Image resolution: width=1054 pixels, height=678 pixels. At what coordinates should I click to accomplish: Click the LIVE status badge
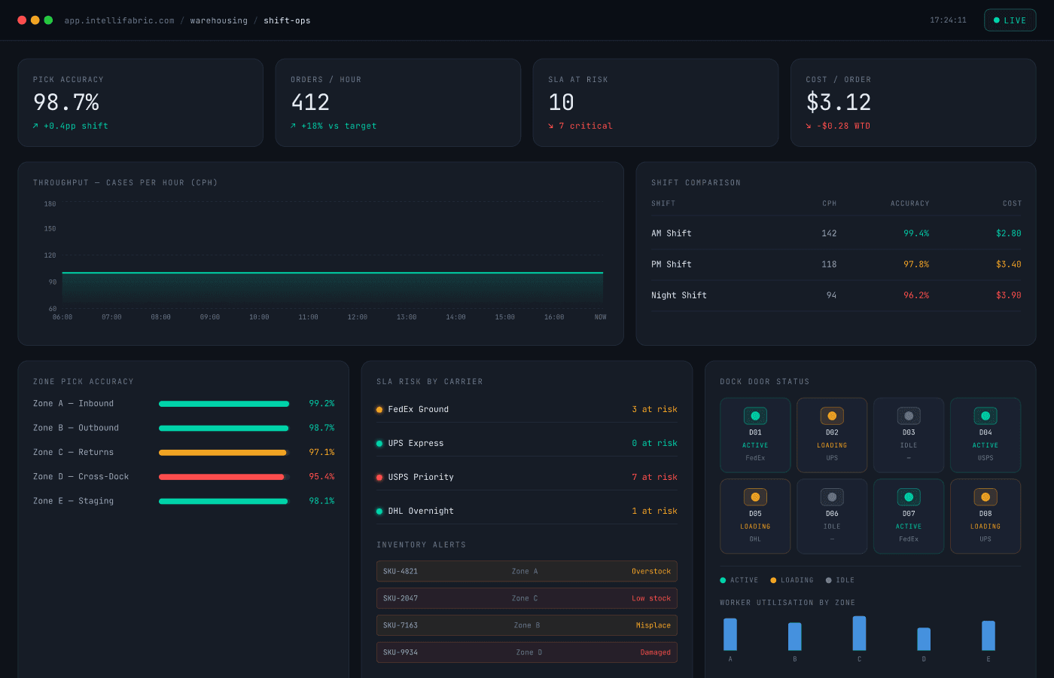point(1010,20)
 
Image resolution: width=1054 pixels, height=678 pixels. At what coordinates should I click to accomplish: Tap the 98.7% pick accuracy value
point(66,102)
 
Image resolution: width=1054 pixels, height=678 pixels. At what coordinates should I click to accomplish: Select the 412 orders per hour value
point(310,102)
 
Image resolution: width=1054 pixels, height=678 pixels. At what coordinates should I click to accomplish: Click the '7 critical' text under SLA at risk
point(585,126)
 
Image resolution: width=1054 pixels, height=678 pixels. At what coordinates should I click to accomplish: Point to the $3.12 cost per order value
point(838,102)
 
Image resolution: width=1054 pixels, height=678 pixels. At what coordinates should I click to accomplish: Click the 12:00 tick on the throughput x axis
point(358,317)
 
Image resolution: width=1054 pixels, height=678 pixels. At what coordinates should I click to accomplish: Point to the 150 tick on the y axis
point(50,228)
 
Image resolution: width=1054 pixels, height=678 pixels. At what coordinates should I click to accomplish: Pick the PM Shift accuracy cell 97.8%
point(915,264)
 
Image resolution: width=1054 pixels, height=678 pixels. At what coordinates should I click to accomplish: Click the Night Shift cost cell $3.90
point(1008,295)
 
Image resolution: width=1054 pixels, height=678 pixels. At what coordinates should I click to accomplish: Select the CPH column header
point(829,203)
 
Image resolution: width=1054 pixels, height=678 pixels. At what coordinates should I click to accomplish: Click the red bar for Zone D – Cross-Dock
point(221,477)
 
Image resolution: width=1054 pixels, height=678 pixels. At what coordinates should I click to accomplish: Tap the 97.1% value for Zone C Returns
point(321,452)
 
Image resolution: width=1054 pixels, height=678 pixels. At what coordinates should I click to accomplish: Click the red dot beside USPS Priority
point(379,477)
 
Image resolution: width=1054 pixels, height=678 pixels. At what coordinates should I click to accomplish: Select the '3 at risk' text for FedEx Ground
point(654,409)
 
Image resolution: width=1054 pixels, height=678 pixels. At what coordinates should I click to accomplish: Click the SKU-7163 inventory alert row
point(526,625)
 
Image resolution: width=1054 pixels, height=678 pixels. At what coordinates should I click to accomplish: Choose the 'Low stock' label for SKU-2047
point(650,598)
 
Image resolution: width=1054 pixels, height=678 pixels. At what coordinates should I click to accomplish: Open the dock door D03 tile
point(909,435)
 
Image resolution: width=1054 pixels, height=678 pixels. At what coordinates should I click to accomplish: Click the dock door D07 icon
point(909,497)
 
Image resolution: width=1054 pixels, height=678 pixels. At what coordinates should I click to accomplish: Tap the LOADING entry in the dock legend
point(792,580)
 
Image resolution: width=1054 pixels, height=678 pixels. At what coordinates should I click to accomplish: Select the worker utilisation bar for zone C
point(859,634)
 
